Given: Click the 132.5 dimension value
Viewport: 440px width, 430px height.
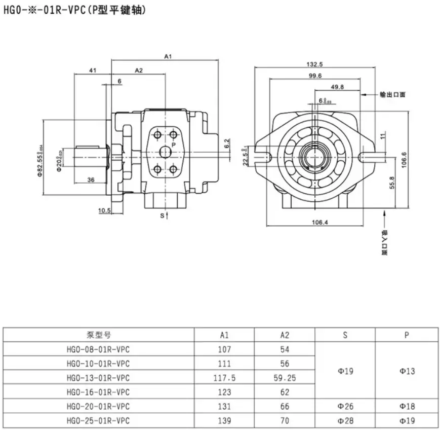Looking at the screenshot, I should (x=314, y=64).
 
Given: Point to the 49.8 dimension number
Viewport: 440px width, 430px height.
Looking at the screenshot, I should (x=337, y=87).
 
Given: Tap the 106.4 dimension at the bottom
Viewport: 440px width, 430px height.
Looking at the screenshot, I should (x=319, y=222).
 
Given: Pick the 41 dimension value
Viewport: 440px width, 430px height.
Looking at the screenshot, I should (x=93, y=70).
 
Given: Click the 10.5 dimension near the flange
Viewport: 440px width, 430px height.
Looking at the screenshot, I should (x=104, y=210).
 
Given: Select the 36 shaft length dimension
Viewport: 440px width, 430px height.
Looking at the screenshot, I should (x=91, y=180).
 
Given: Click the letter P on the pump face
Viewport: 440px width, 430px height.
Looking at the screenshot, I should (x=173, y=145).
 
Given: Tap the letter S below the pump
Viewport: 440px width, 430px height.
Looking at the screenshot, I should (x=163, y=216).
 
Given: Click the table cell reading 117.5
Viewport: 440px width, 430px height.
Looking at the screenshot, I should (x=224, y=378).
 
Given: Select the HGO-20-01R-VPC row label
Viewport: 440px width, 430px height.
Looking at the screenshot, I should (x=98, y=406).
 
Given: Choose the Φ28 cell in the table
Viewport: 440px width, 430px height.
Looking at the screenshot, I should (x=345, y=420).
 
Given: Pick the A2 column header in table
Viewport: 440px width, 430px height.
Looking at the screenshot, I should (x=285, y=335).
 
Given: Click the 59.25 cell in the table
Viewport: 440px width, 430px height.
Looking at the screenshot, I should (x=285, y=378).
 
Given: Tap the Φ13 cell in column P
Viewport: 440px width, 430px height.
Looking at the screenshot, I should (x=407, y=371).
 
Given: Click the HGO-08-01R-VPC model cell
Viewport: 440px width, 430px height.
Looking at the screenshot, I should (x=98, y=349).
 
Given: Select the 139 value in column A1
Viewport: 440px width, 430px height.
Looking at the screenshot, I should (x=224, y=420).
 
